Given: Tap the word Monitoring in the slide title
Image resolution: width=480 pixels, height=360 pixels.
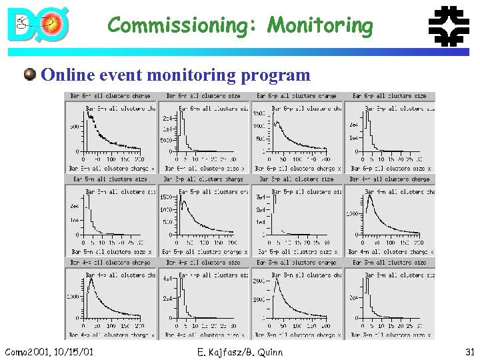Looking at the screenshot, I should [x=320, y=25].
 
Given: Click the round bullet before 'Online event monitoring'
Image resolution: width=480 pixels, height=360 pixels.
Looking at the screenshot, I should [x=30, y=74].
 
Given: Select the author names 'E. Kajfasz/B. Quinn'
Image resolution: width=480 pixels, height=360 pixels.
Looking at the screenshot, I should [x=241, y=351].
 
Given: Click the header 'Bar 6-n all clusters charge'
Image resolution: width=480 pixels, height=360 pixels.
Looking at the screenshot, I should [x=110, y=96].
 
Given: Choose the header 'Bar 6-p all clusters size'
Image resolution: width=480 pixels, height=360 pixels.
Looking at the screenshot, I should [x=389, y=96].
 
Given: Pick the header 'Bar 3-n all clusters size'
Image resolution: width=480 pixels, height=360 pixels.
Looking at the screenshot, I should [x=389, y=262].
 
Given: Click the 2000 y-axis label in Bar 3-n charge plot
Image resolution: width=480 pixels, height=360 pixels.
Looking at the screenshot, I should [x=259, y=281].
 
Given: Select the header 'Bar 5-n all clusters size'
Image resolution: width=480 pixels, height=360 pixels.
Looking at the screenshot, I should [x=110, y=179].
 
